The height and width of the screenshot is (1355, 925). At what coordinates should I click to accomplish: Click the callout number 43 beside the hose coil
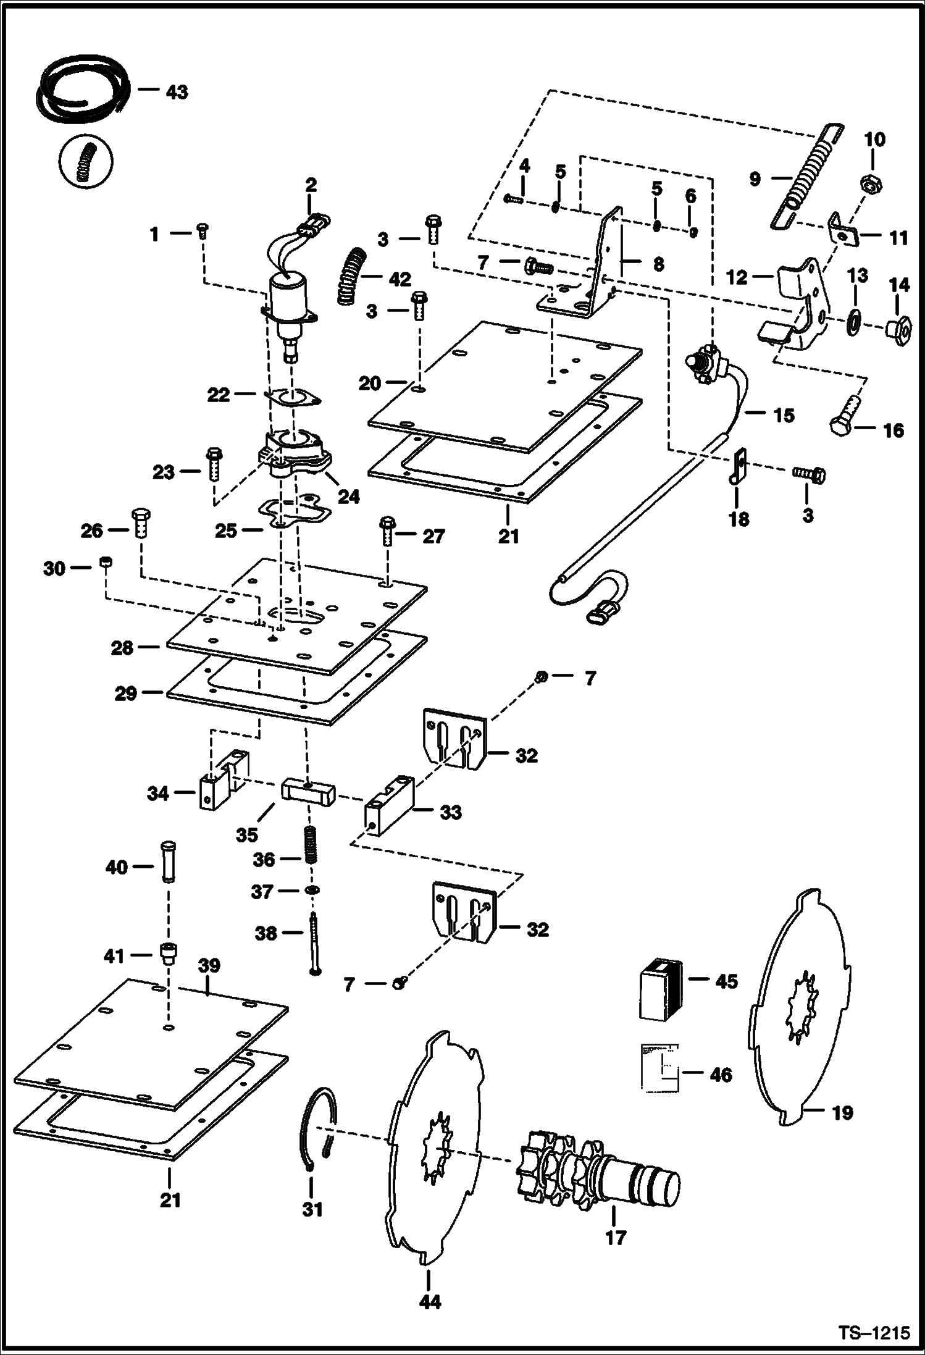point(177,91)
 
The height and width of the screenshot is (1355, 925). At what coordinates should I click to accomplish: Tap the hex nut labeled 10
point(871,183)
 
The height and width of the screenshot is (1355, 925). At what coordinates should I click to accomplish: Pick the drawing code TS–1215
point(874,1330)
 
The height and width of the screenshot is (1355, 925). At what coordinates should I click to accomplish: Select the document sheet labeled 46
point(659,1067)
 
